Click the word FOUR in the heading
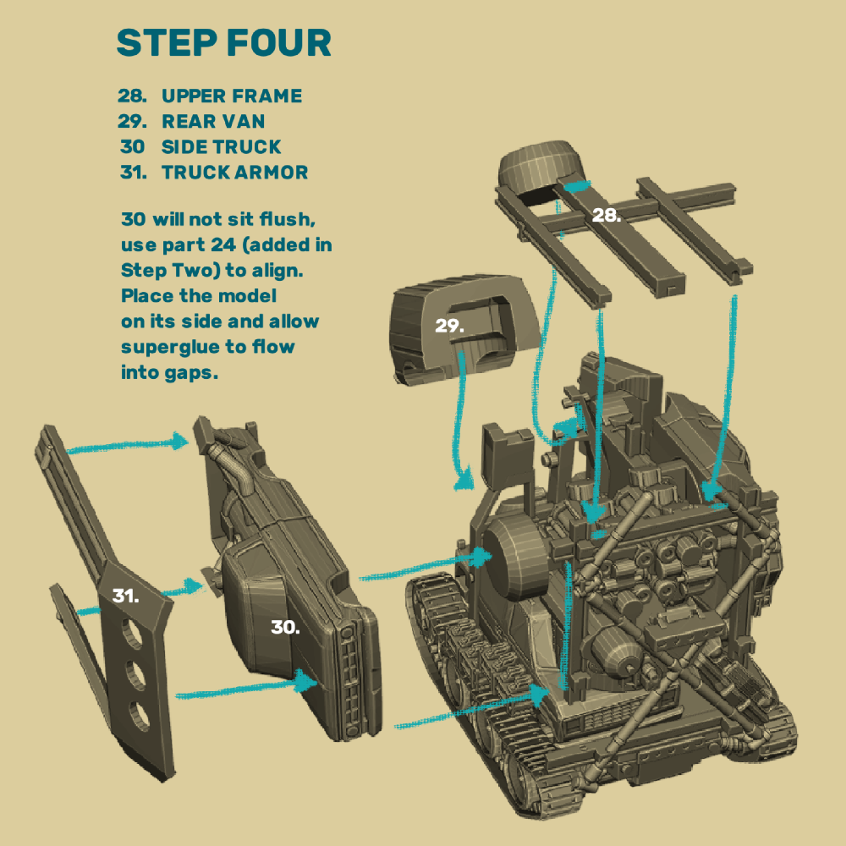click(277, 43)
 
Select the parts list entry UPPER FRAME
click(231, 96)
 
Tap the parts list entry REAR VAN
click(213, 122)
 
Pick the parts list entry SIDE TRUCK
click(221, 147)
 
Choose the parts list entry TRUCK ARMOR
click(234, 173)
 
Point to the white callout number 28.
click(606, 215)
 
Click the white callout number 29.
click(449, 326)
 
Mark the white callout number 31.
click(125, 596)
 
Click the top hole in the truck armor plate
click(132, 630)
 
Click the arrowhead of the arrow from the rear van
click(464, 482)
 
